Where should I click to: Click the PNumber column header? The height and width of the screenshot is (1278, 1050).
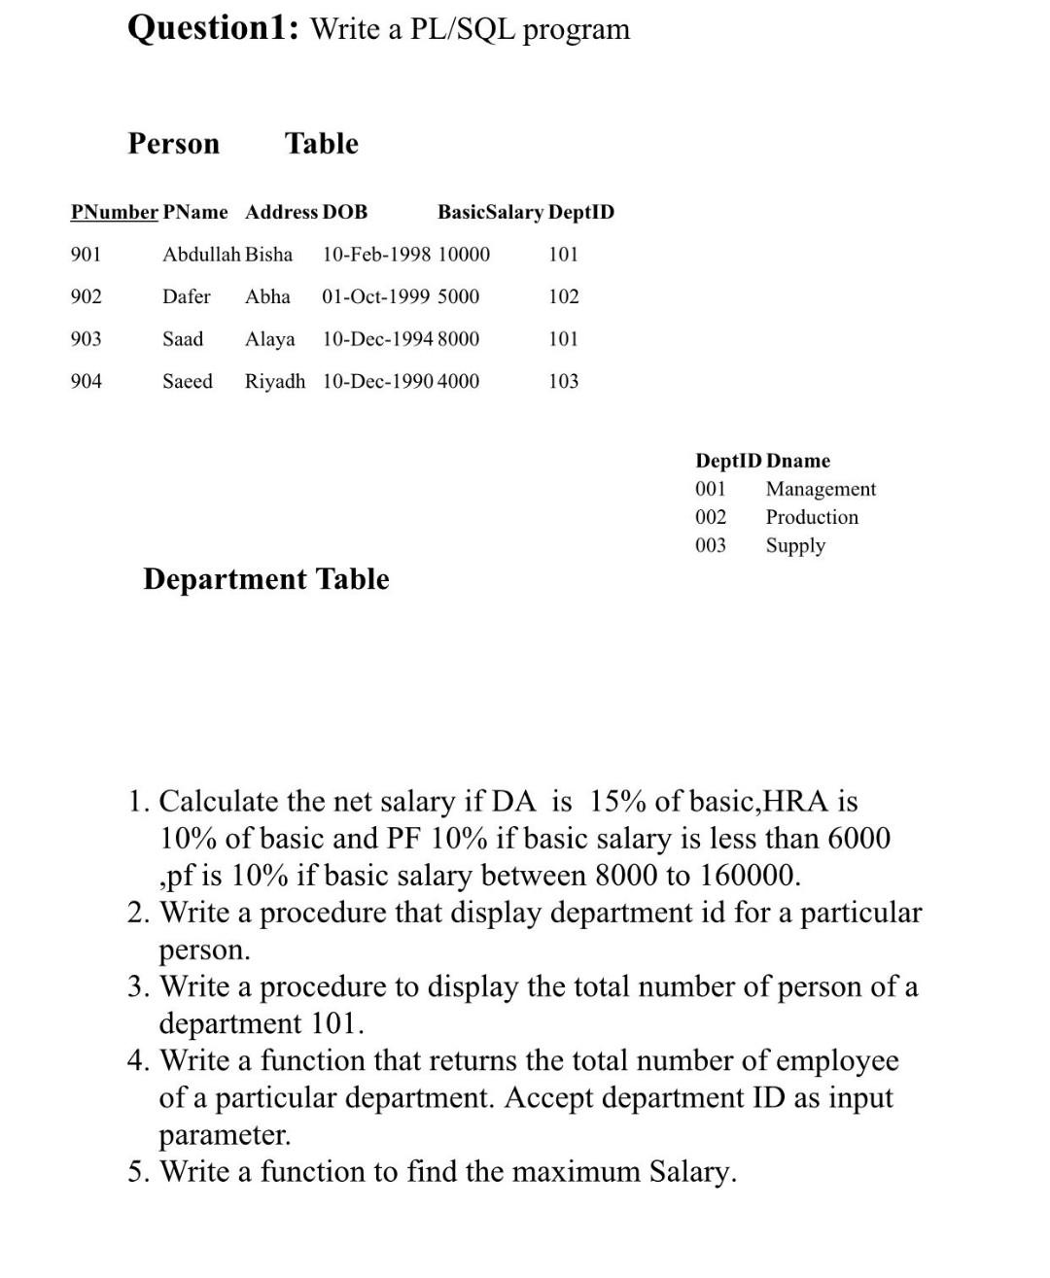(x=114, y=212)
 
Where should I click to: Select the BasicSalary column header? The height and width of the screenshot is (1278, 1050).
(x=490, y=212)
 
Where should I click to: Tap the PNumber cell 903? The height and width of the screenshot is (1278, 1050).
(x=86, y=339)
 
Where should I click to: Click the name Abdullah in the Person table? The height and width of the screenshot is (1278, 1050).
(x=200, y=255)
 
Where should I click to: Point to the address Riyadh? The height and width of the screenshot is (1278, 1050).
(x=274, y=381)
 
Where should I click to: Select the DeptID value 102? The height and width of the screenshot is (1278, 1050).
(x=563, y=296)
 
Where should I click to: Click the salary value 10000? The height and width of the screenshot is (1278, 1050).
(x=464, y=255)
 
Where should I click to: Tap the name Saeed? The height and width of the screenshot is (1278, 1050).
(x=187, y=381)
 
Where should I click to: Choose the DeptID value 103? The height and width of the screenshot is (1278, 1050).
(x=563, y=381)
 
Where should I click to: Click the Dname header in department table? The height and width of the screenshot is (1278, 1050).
(x=798, y=461)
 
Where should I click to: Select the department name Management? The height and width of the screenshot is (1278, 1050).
(x=821, y=489)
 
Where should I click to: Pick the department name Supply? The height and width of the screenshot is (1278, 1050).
(x=795, y=545)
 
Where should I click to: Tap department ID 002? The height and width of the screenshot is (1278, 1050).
(x=711, y=517)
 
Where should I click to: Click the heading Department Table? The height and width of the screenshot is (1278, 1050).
(x=265, y=579)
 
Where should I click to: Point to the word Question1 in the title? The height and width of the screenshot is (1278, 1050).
(x=205, y=28)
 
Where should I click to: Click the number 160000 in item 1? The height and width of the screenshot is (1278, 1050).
(x=748, y=876)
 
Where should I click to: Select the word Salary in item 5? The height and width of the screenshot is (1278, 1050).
(x=688, y=1171)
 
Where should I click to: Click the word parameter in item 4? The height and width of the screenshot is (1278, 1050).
(x=224, y=1135)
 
